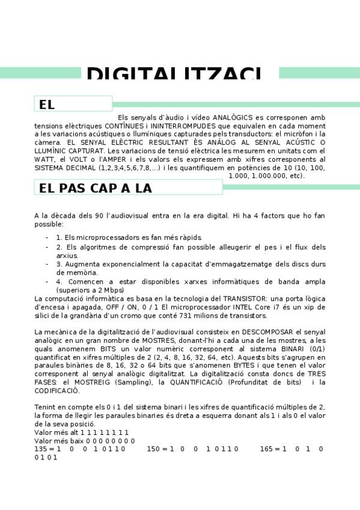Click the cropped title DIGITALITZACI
pos(174,74)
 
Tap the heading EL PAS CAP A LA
pos(96,188)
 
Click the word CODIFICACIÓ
pos(56,391)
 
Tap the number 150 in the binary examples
pos(153,449)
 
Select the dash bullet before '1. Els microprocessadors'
pos(47,238)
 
